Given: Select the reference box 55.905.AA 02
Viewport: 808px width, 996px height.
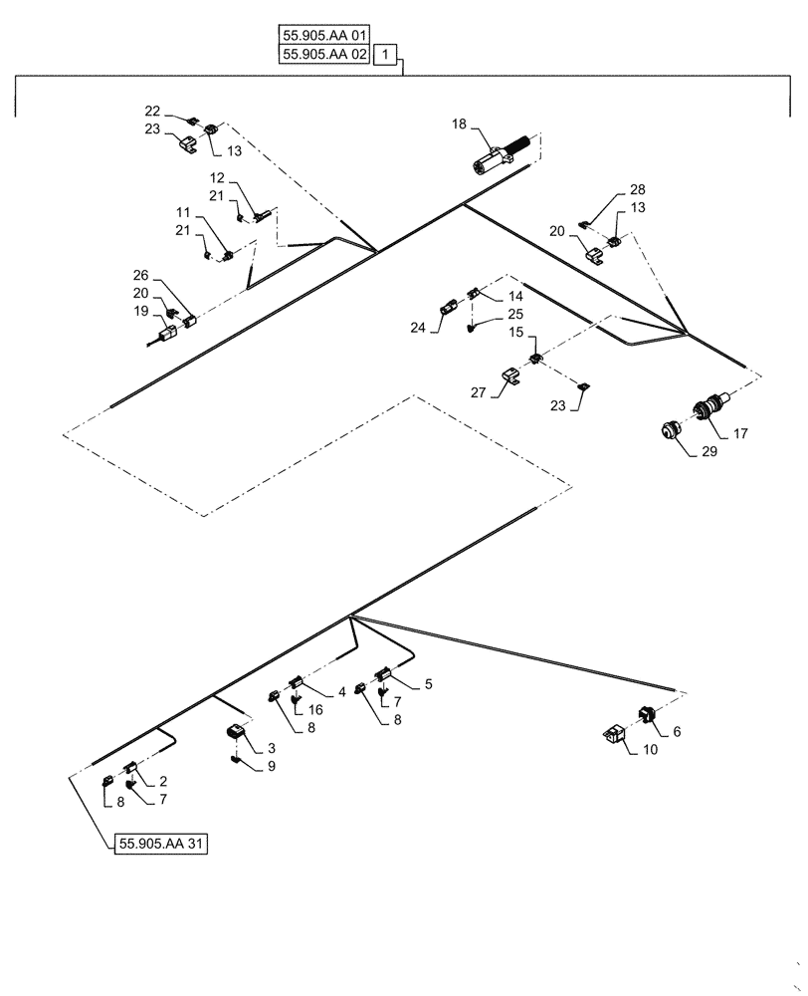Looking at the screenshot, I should pyautogui.click(x=323, y=55).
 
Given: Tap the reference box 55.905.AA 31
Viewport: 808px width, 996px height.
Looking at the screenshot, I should pyautogui.click(x=159, y=843).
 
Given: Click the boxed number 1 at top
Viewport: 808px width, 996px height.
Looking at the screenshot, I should pyautogui.click(x=387, y=55).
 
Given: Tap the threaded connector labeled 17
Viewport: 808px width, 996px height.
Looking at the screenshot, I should pyautogui.click(x=708, y=407).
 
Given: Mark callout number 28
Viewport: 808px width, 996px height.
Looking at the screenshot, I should pyautogui.click(x=637, y=189).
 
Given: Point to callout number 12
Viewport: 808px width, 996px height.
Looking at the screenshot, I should pyautogui.click(x=217, y=177).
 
